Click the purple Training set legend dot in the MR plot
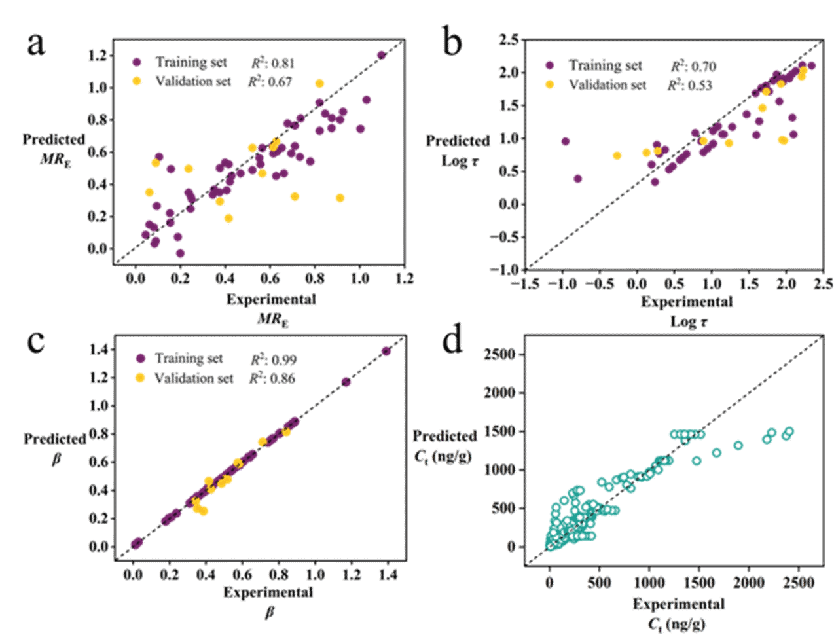[137, 62]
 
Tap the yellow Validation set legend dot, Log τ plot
[549, 84]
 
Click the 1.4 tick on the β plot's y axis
[98, 349]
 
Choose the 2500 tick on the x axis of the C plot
[799, 582]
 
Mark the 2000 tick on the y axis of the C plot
[499, 392]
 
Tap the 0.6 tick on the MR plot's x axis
[270, 278]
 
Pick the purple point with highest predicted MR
[381, 56]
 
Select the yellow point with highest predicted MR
[319, 83]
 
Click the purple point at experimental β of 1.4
[386, 351]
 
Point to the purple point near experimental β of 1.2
[346, 382]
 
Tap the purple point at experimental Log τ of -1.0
[566, 141]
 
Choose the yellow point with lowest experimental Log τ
[617, 156]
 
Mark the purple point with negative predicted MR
[180, 253]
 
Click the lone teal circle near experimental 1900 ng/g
[738, 445]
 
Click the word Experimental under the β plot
[268, 592]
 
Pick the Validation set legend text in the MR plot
[192, 81]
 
